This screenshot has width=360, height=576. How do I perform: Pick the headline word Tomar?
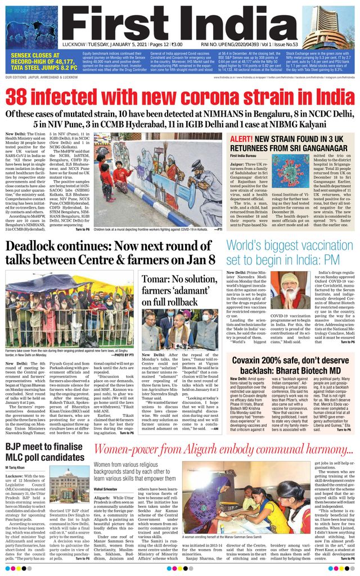pos(157,280)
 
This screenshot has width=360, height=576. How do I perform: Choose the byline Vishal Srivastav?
pos(111,490)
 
